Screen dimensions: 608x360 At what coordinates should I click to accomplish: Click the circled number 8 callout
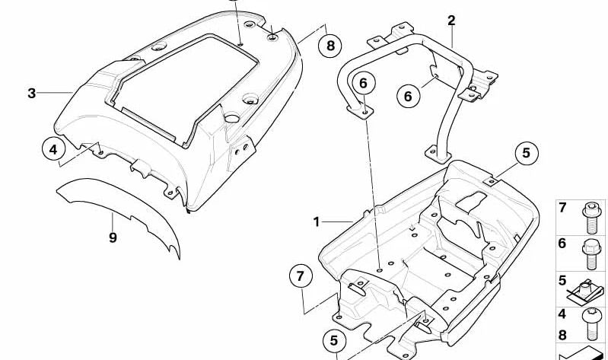click(x=330, y=46)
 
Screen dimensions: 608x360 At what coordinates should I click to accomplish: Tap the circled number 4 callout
click(x=53, y=149)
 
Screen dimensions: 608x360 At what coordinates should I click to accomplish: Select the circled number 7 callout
click(x=301, y=276)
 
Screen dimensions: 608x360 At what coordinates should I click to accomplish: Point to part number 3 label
click(x=31, y=93)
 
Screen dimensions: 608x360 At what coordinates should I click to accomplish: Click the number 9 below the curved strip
click(x=113, y=237)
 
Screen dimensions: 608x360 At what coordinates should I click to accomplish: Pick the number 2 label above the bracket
click(x=451, y=21)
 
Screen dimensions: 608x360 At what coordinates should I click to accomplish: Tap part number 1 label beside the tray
click(x=317, y=222)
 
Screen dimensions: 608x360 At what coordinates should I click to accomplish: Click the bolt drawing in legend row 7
click(x=591, y=218)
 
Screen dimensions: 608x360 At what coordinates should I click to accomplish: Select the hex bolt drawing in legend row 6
click(x=591, y=254)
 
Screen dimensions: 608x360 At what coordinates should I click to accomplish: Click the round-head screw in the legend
click(x=591, y=324)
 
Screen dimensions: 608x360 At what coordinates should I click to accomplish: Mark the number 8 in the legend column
click(x=562, y=334)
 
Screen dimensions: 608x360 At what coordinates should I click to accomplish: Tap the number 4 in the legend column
click(x=562, y=314)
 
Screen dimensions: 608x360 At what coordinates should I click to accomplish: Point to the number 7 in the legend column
click(x=562, y=208)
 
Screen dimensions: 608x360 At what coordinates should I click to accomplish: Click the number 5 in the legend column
click(x=562, y=280)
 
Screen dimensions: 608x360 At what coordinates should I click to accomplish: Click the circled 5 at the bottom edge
click(x=334, y=341)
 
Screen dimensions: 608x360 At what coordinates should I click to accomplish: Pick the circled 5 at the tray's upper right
click(x=526, y=153)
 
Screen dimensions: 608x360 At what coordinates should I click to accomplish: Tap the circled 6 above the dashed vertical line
click(x=363, y=83)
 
